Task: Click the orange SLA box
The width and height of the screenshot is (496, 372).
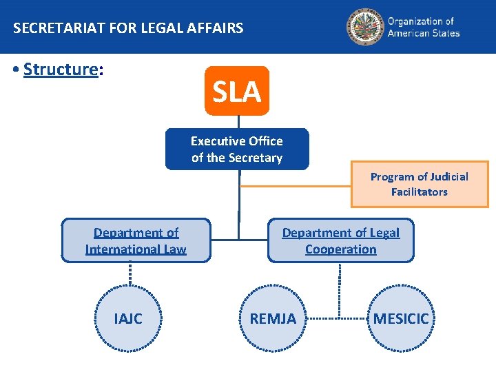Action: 236,91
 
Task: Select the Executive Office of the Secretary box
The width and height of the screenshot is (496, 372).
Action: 236,149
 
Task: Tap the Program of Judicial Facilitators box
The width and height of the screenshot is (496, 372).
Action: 419,184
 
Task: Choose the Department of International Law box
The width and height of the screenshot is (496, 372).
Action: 136,240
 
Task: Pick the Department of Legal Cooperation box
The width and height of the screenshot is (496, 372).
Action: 340,240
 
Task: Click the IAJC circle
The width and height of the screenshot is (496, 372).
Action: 129,318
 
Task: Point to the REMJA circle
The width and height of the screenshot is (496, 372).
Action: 273,318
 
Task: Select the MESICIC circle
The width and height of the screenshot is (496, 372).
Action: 401,318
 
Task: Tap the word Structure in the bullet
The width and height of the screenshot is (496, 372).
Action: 61,70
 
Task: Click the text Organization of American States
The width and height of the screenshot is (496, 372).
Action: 423,28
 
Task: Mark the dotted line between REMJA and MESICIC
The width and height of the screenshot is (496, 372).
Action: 338,318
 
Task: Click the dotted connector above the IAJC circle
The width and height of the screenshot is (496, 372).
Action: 130,274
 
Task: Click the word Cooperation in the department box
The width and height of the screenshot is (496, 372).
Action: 340,249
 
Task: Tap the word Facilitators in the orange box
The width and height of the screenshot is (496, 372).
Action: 419,192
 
